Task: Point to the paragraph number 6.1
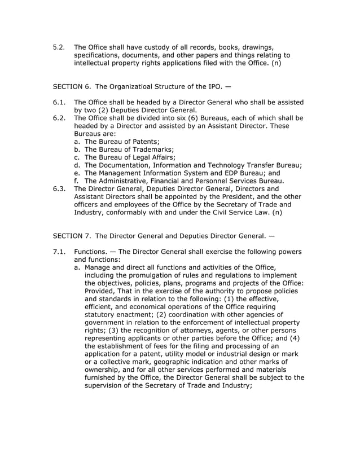[60, 102]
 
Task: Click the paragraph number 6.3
[60, 189]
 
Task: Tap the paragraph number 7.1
[60, 251]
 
